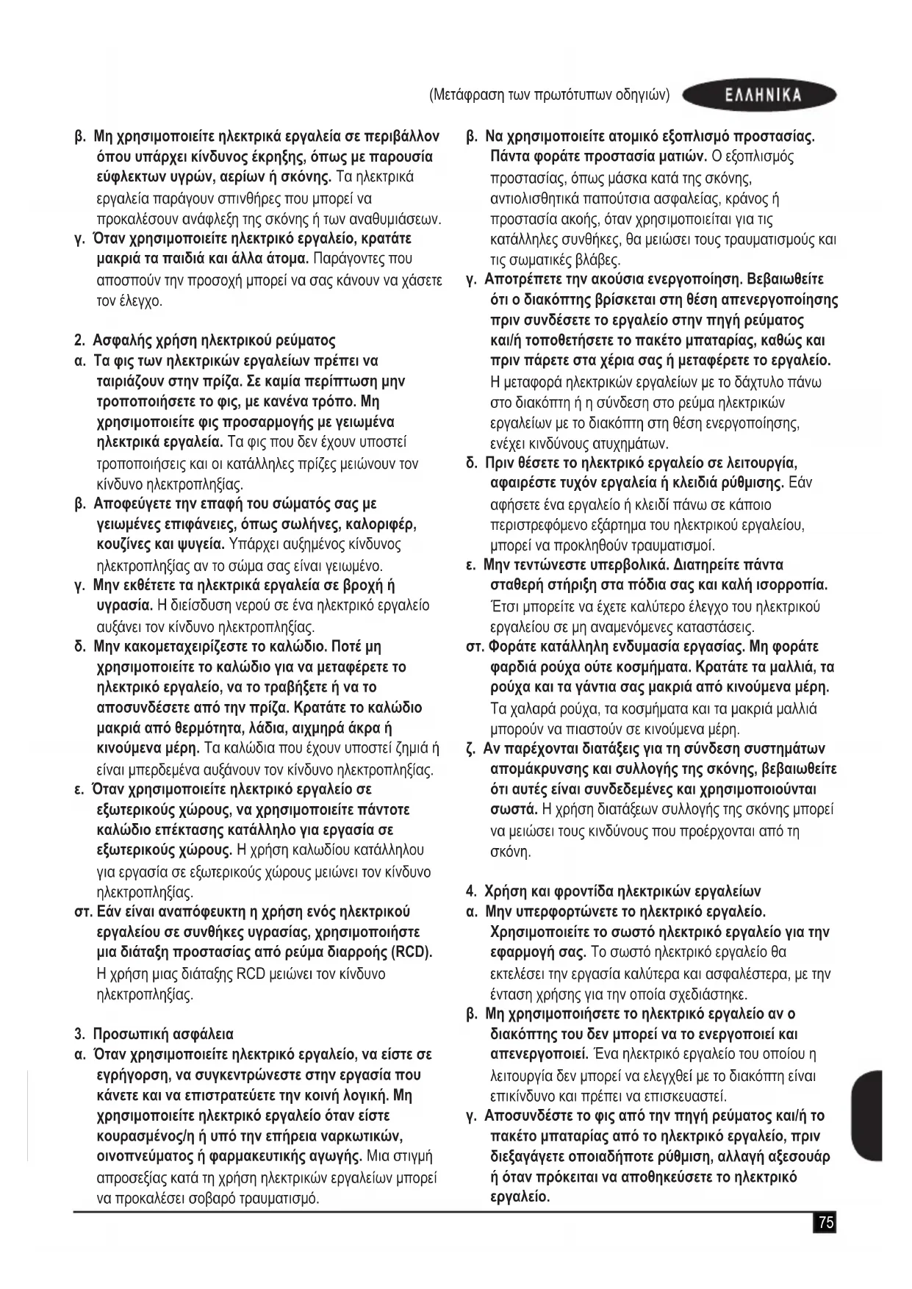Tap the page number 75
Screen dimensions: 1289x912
click(x=826, y=1223)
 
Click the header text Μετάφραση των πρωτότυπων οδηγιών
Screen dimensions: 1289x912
click(x=549, y=95)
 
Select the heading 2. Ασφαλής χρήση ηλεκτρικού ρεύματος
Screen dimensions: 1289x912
click(x=205, y=340)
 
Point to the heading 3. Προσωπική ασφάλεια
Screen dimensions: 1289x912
click(x=154, y=1034)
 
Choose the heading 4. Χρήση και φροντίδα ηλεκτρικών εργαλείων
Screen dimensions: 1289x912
click(x=614, y=891)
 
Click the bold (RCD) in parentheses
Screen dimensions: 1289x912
click(x=411, y=952)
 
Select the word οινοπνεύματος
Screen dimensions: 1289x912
click(x=146, y=1157)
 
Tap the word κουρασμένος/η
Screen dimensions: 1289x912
click(x=150, y=1136)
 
